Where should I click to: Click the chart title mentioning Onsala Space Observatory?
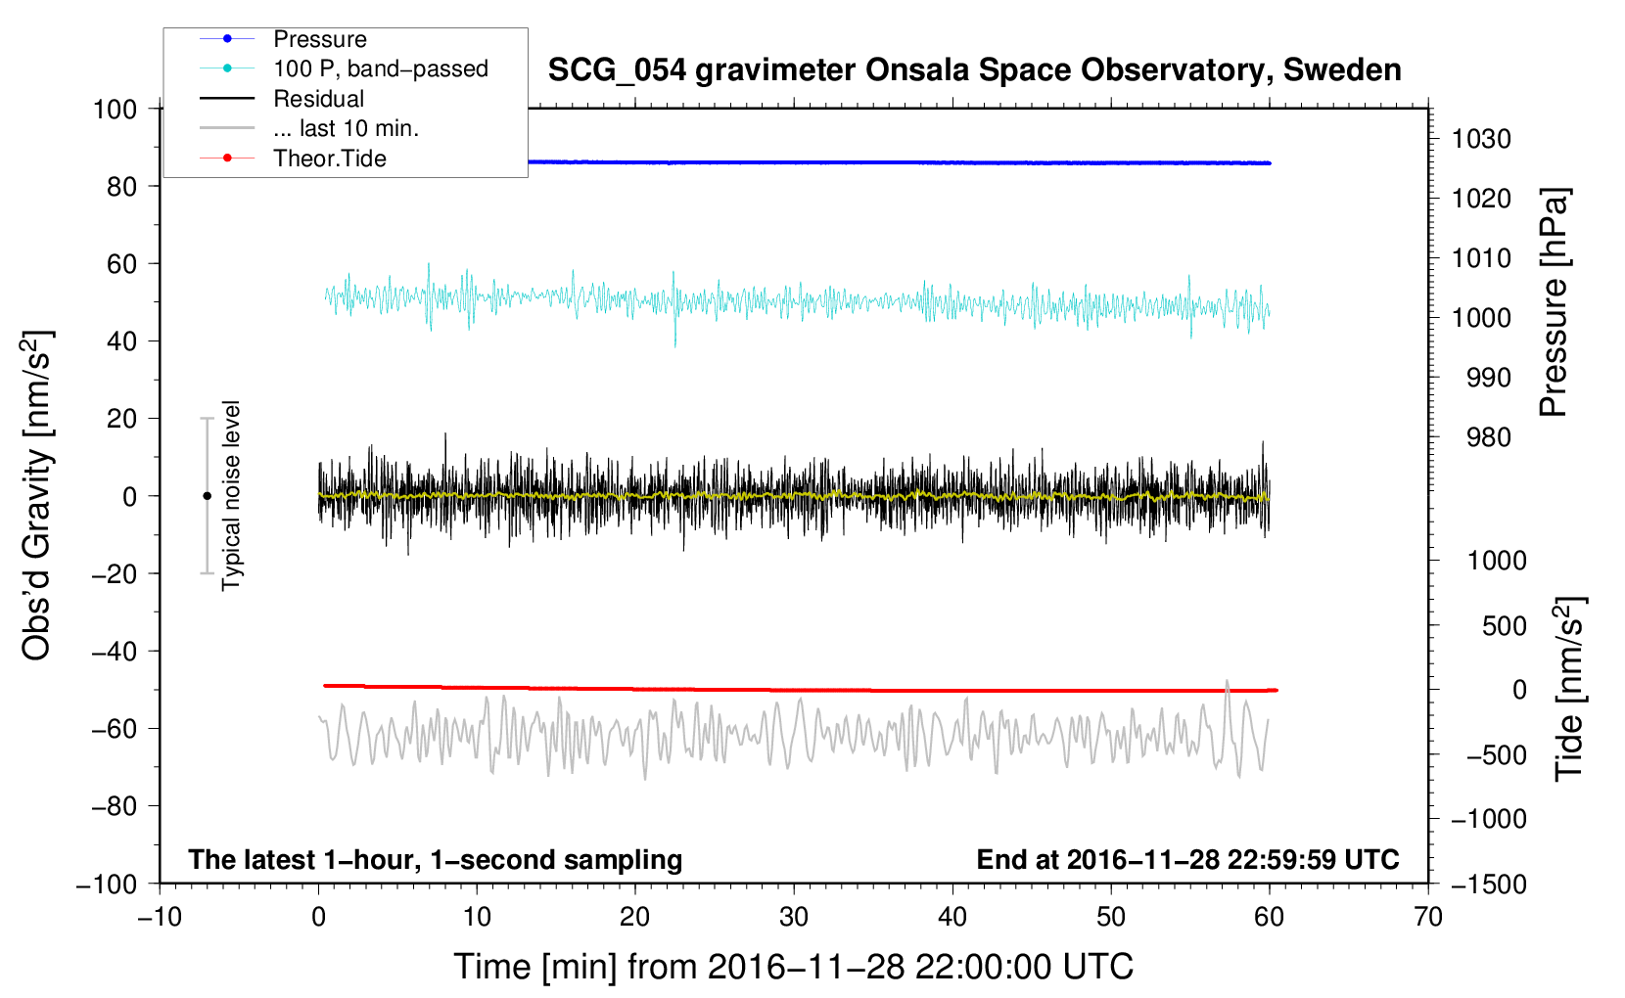tap(974, 70)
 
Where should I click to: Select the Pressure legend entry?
tap(319, 39)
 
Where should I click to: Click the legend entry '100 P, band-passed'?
tap(380, 68)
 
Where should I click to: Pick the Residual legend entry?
tap(318, 99)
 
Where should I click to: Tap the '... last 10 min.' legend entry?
tap(346, 128)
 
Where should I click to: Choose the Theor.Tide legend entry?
tap(329, 159)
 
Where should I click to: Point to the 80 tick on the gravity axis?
tap(121, 186)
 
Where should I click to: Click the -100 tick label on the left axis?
tap(108, 884)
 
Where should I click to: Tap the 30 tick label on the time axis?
tap(794, 917)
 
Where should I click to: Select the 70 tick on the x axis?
tap(1428, 917)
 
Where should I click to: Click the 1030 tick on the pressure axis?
tap(1481, 139)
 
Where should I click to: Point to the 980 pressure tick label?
tap(1488, 437)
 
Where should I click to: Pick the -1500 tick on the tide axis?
tap(1488, 884)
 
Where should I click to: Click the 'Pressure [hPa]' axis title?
tap(1554, 303)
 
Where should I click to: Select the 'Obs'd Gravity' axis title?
tap(37, 495)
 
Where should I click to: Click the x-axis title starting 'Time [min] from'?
tap(793, 967)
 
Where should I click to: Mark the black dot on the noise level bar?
tap(207, 496)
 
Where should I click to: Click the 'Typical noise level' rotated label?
tap(231, 495)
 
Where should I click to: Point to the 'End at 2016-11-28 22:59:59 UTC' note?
tap(1187, 859)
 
